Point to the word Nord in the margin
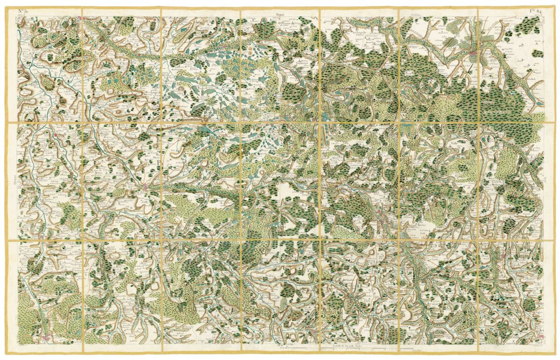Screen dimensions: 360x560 click(x=280, y=14)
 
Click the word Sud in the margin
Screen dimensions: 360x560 click(x=280, y=345)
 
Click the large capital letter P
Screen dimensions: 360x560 click(x=157, y=162)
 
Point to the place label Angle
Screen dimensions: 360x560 click(x=61, y=132)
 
